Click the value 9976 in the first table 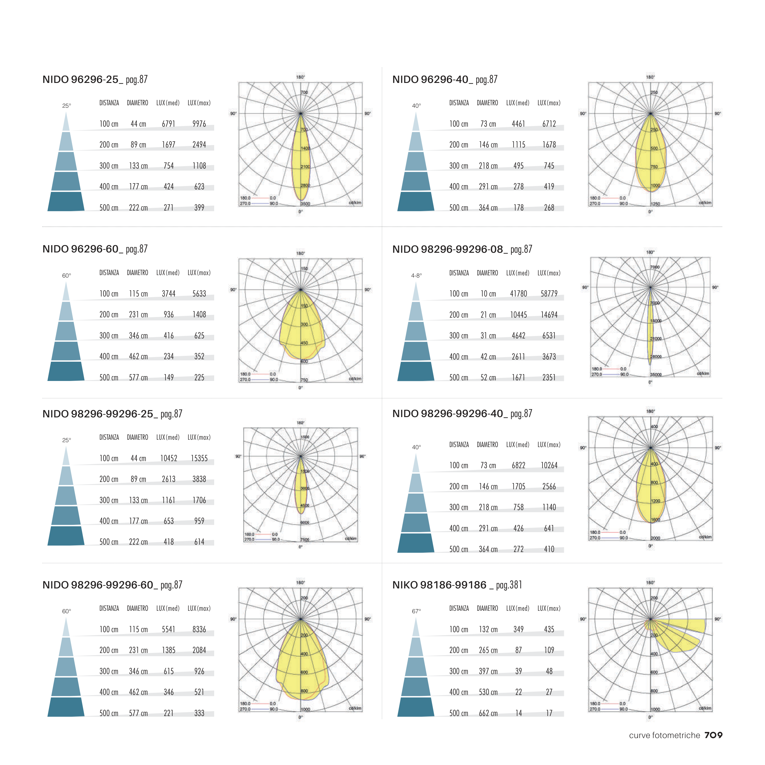199,124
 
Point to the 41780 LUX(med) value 518,294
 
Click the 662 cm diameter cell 488,713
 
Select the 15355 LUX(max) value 199,458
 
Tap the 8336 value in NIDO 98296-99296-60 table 199,629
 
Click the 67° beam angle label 416,611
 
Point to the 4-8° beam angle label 416,276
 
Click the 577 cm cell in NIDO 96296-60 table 138,378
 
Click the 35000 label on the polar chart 656,375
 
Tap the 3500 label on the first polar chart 305,204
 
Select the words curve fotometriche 664,735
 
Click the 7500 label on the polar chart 304,539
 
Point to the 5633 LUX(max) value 199,294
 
